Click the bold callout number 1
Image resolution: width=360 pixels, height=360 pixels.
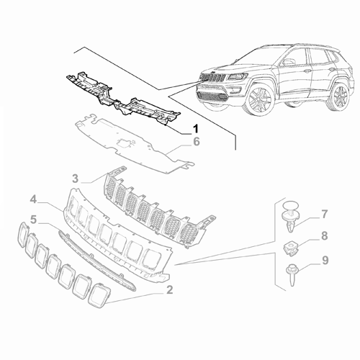194,129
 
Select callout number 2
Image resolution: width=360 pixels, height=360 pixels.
169,290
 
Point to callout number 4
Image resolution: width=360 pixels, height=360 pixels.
33,198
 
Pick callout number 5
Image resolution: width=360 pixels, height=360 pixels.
33,217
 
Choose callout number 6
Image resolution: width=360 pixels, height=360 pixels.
194,143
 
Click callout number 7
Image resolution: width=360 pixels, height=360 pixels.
324,213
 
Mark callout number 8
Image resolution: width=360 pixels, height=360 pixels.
324,235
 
